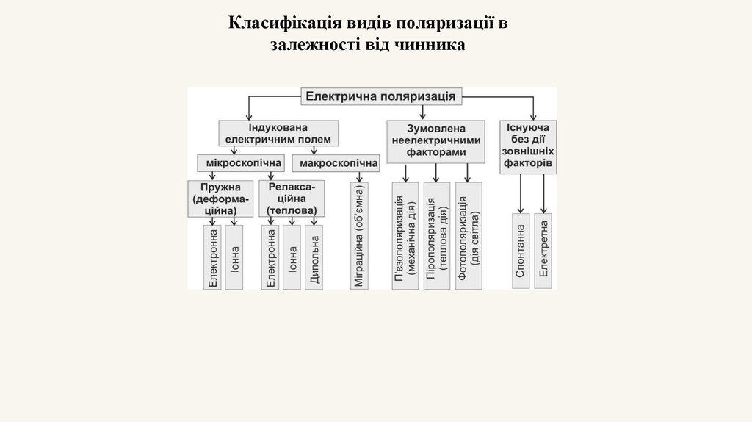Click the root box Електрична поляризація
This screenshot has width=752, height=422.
(x=380, y=96)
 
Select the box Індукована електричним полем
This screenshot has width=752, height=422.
(x=278, y=133)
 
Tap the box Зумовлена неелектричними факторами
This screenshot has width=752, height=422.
(x=436, y=139)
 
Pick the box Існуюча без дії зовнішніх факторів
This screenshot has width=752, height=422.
(x=528, y=147)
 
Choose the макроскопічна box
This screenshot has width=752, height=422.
(x=335, y=162)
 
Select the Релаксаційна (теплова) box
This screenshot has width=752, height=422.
(x=292, y=199)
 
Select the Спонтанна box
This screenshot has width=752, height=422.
(x=521, y=251)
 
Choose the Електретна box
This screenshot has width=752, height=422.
(x=543, y=251)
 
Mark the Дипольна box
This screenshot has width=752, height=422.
(x=314, y=257)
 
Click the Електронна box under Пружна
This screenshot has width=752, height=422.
(x=213, y=257)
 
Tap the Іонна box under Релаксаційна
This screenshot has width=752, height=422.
(x=292, y=257)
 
